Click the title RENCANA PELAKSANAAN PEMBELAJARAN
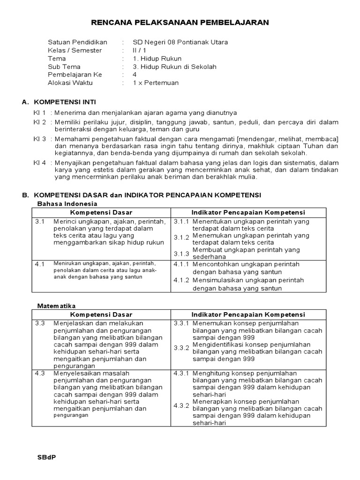pyautogui.click(x=180, y=22)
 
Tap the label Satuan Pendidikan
pyautogui.click(x=77, y=42)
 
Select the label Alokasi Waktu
pyautogui.click(x=70, y=83)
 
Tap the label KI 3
pyautogui.click(x=39, y=139)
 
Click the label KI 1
pyautogui.click(x=39, y=112)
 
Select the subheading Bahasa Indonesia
pyautogui.click(x=67, y=203)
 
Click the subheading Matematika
pyautogui.click(x=56, y=306)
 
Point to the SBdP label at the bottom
pyautogui.click(x=46, y=457)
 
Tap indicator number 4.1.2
pyautogui.click(x=181, y=280)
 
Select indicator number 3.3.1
pyautogui.click(x=181, y=323)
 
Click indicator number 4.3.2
pyautogui.click(x=181, y=405)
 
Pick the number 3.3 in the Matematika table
pyautogui.click(x=40, y=323)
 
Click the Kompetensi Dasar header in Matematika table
pyautogui.click(x=101, y=315)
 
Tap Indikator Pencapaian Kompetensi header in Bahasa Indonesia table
pyautogui.click(x=248, y=212)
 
